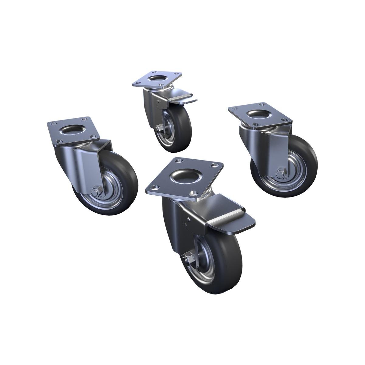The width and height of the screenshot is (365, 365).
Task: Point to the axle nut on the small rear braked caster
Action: point(158,129)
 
